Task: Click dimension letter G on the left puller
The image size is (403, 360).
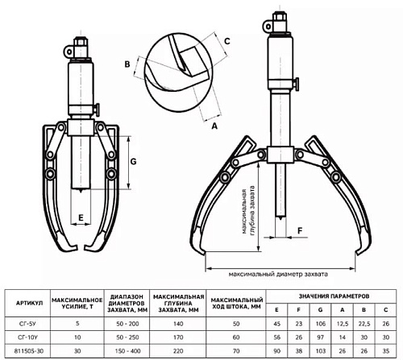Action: click(x=133, y=162)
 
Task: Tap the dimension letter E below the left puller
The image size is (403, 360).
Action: click(x=81, y=217)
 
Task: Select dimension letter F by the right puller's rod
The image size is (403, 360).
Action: click(x=300, y=230)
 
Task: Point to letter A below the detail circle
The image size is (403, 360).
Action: click(x=214, y=126)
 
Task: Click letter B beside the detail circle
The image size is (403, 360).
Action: click(x=127, y=64)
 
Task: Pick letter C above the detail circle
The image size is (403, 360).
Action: click(x=227, y=41)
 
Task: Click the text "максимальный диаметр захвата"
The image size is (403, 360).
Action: click(x=278, y=275)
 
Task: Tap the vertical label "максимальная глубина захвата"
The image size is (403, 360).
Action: click(x=248, y=211)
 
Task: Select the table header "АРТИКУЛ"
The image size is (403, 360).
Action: click(x=30, y=303)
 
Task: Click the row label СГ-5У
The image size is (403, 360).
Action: click(x=27, y=324)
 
